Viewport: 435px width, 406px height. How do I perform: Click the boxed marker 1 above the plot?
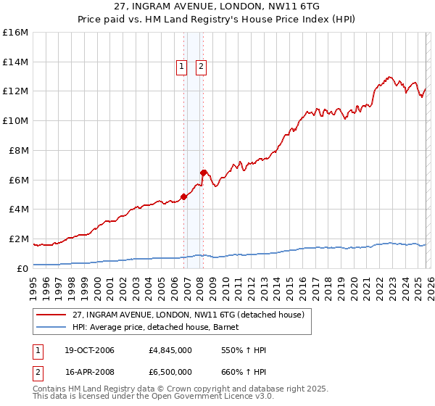pos(181,67)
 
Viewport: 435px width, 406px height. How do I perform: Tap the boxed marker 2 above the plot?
pos(201,67)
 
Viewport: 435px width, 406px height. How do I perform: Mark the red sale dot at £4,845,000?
pos(183,196)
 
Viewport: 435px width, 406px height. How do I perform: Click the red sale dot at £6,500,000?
pos(203,172)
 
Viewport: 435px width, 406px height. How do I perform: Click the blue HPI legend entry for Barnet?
pos(160,327)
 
